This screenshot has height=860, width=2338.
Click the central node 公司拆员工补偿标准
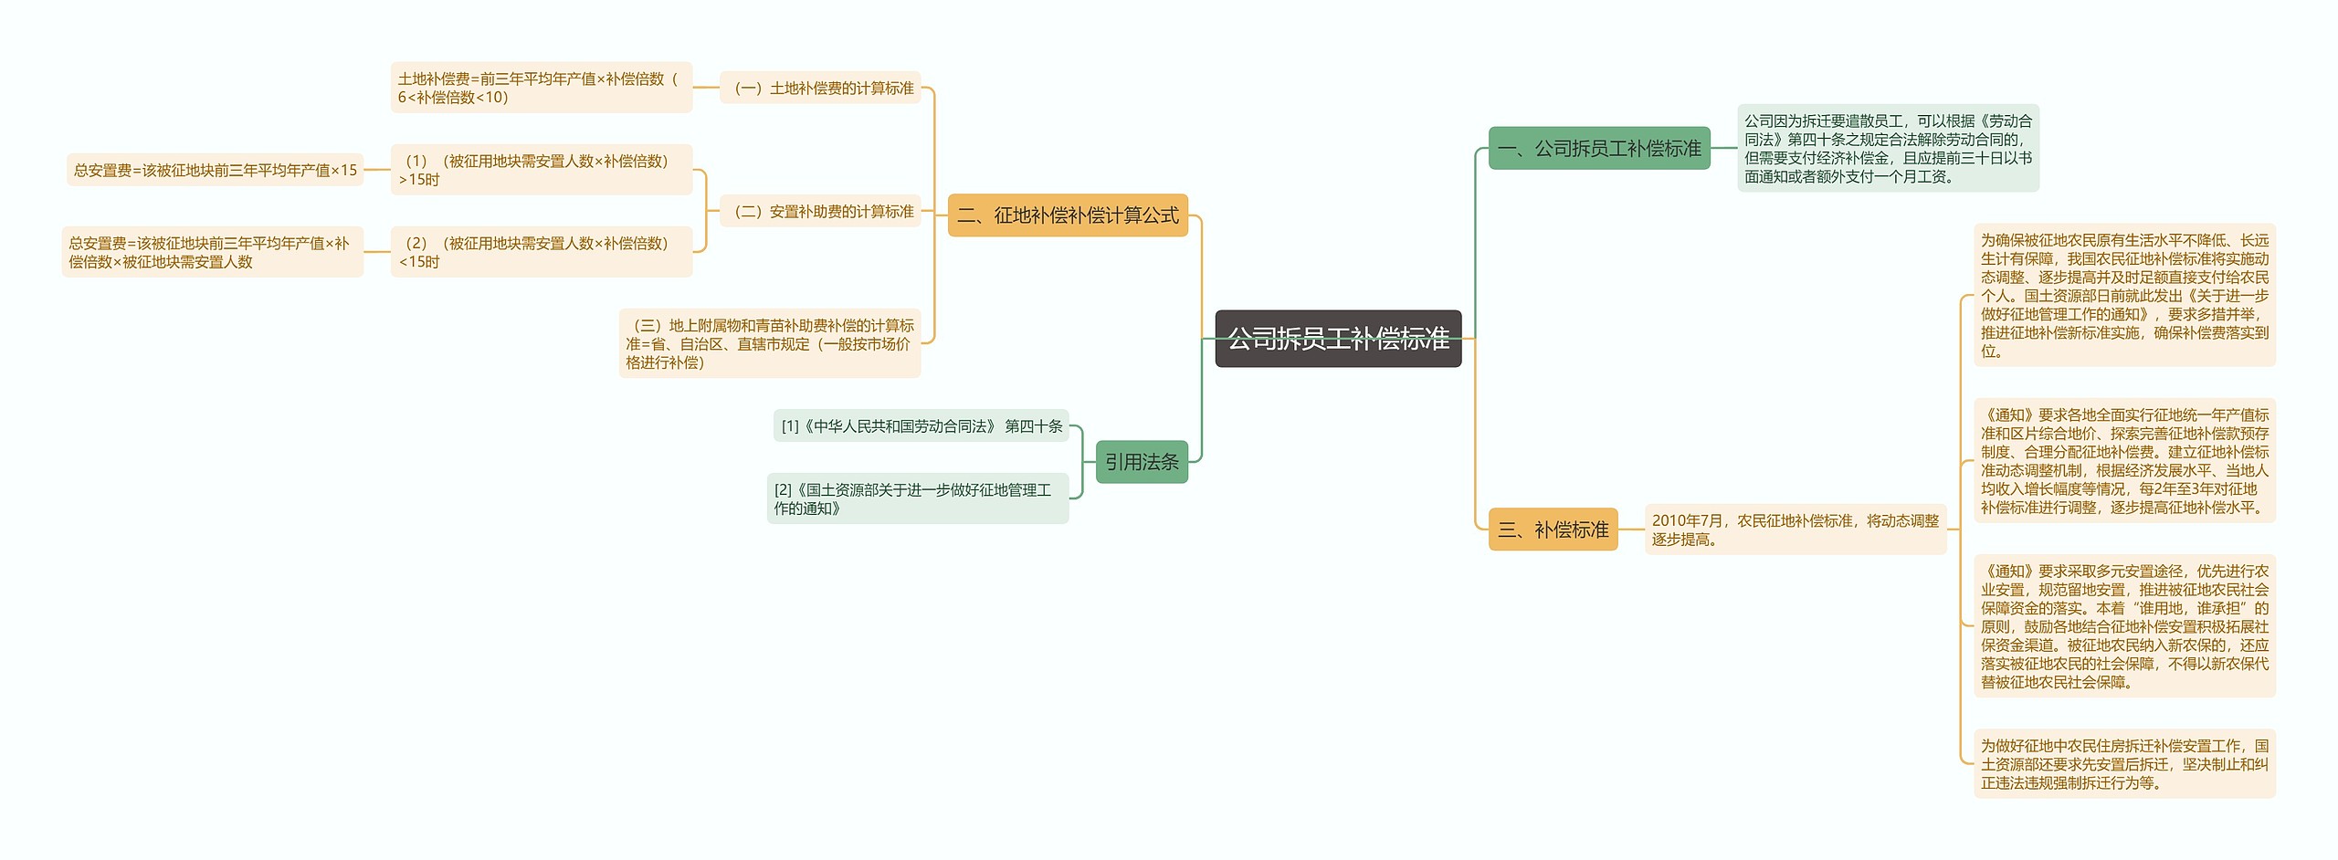coord(1337,339)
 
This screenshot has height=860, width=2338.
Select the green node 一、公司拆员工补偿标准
coord(1598,148)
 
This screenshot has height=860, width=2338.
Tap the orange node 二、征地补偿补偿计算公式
coord(1067,215)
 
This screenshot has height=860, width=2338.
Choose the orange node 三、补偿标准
coord(1553,530)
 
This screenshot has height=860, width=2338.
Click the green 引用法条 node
coord(1141,462)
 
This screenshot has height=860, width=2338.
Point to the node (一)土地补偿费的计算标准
coord(820,88)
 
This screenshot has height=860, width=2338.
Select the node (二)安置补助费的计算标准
coord(820,211)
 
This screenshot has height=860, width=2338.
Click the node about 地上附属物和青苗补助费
coord(769,344)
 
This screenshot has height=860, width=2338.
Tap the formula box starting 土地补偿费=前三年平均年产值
coord(541,88)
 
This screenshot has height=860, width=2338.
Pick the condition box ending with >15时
coord(541,170)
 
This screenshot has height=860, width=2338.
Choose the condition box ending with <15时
coord(541,252)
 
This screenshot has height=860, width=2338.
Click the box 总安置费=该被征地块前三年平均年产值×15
coord(215,170)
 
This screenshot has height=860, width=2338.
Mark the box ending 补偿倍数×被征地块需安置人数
coord(212,252)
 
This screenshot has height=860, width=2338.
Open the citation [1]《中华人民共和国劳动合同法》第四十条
coord(921,426)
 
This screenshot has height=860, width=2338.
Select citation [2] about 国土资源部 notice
coord(917,498)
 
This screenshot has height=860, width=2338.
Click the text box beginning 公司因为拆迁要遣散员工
coord(1887,148)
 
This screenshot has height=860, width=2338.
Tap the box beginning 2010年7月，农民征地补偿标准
coord(1795,530)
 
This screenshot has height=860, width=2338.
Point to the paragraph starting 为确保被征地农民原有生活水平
coord(2123,295)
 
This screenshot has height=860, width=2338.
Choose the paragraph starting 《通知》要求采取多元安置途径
coord(2123,626)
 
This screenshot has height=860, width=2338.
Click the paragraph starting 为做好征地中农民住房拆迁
coord(2123,764)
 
